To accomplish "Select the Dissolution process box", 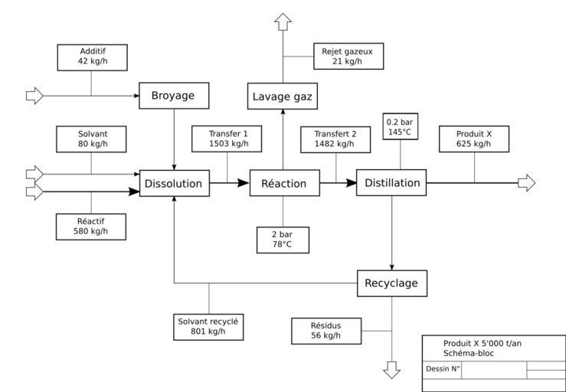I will point(175,184).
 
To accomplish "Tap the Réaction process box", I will point(284,184).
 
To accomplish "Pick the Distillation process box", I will point(391,183).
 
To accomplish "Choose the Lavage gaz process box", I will point(283,97).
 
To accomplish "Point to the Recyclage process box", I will point(391,283).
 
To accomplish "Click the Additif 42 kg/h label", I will point(92,56).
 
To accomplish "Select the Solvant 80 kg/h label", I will point(92,139).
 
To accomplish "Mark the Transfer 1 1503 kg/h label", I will point(229,139).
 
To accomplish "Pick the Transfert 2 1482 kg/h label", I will point(335,139).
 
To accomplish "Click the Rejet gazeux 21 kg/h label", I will point(348,56).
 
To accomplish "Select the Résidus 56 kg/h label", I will point(326,331).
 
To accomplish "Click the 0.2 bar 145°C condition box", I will point(400,127).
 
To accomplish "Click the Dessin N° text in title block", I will point(443,369).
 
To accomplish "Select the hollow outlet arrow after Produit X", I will point(526,183).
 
